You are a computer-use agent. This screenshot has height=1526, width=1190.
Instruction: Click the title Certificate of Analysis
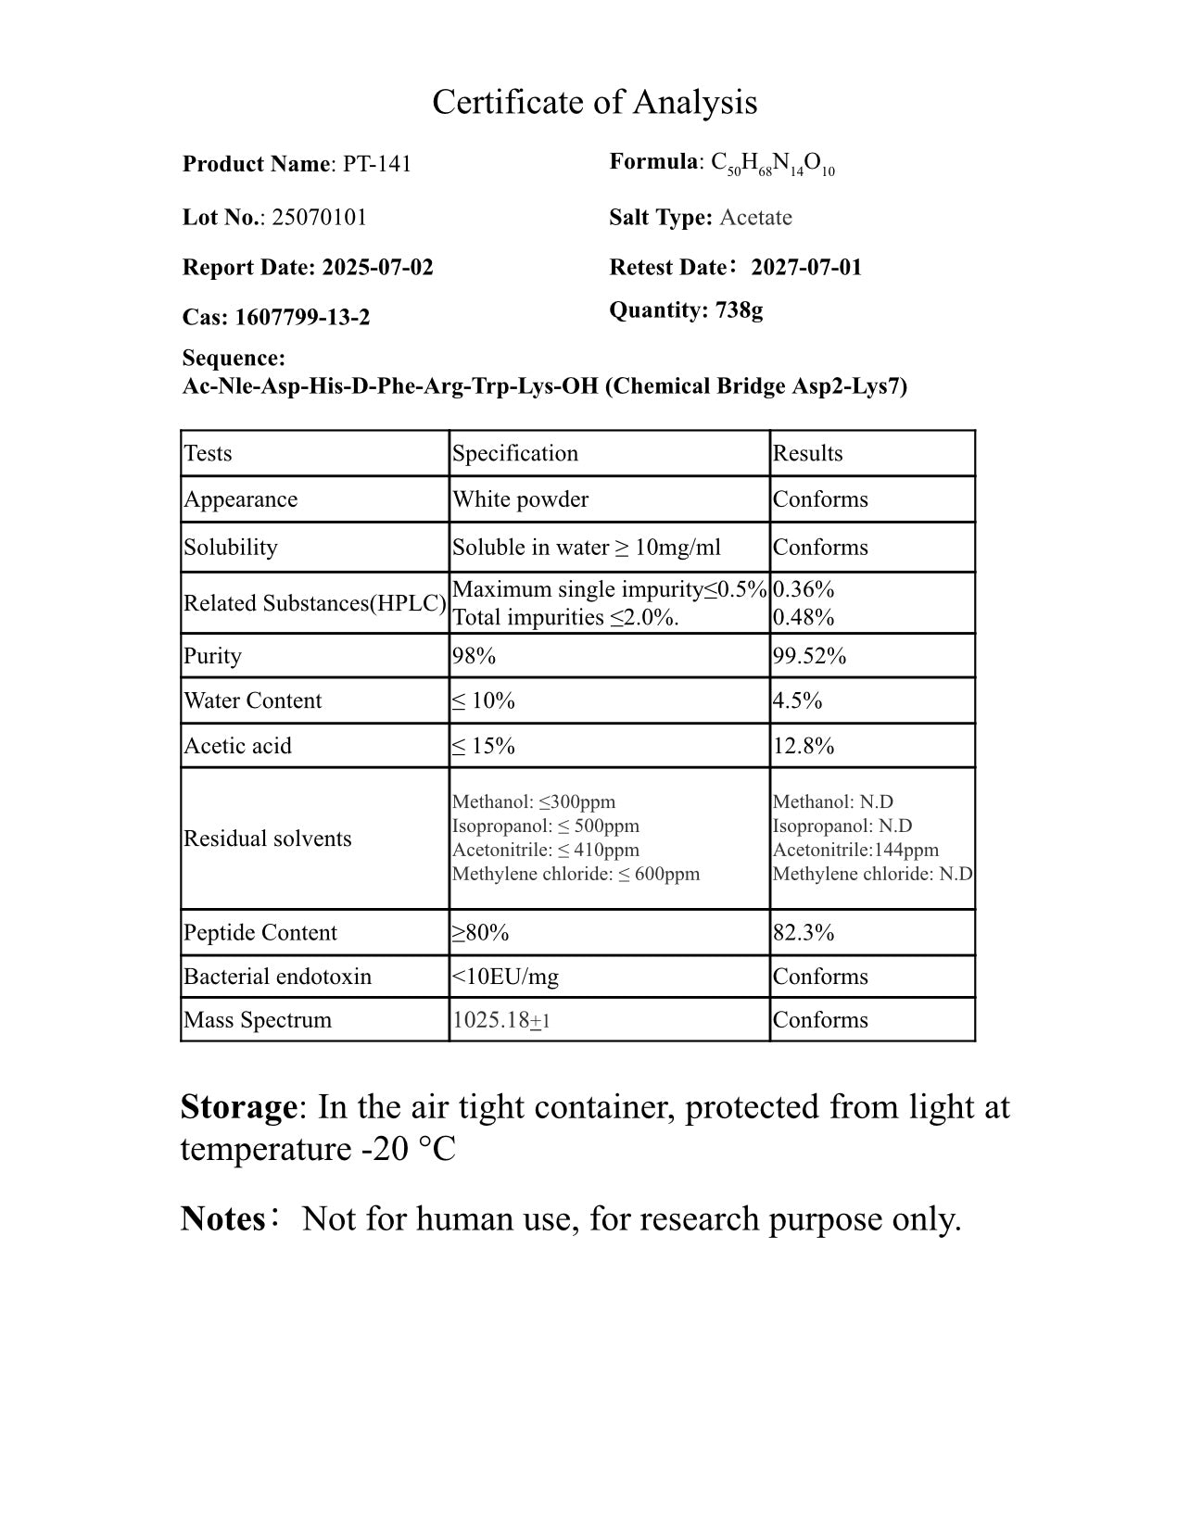click(594, 102)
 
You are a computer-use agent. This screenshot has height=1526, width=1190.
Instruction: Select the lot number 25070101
click(319, 218)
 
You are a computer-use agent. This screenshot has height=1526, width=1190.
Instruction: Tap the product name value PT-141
click(377, 164)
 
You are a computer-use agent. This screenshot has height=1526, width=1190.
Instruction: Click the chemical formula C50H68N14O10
click(773, 164)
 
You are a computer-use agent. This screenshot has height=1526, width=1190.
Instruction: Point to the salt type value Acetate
click(755, 218)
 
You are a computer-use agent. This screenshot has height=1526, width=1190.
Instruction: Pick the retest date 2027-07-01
click(806, 268)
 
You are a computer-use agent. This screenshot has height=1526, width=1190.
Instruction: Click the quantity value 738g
click(739, 310)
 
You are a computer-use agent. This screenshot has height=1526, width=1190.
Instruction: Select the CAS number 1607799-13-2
click(302, 318)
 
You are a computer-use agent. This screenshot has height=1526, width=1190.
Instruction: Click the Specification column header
click(515, 453)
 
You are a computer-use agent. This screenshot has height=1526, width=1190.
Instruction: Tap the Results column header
click(807, 453)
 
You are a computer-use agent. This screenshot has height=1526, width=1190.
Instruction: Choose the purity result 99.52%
click(809, 656)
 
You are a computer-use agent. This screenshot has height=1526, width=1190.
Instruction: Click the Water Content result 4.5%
click(797, 700)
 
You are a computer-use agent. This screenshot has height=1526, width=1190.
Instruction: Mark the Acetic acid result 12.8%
click(804, 746)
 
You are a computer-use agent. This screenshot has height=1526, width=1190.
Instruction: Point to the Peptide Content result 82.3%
click(804, 932)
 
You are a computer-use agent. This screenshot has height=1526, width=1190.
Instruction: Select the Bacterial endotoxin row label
click(277, 977)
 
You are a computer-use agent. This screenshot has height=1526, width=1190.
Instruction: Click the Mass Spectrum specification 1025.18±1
click(500, 1020)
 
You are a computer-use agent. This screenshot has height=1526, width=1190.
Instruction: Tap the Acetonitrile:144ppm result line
click(855, 850)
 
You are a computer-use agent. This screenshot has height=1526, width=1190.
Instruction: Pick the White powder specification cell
click(520, 499)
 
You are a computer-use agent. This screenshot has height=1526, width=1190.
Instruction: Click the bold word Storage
click(238, 1107)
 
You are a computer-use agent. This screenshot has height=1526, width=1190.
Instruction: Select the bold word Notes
click(223, 1219)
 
